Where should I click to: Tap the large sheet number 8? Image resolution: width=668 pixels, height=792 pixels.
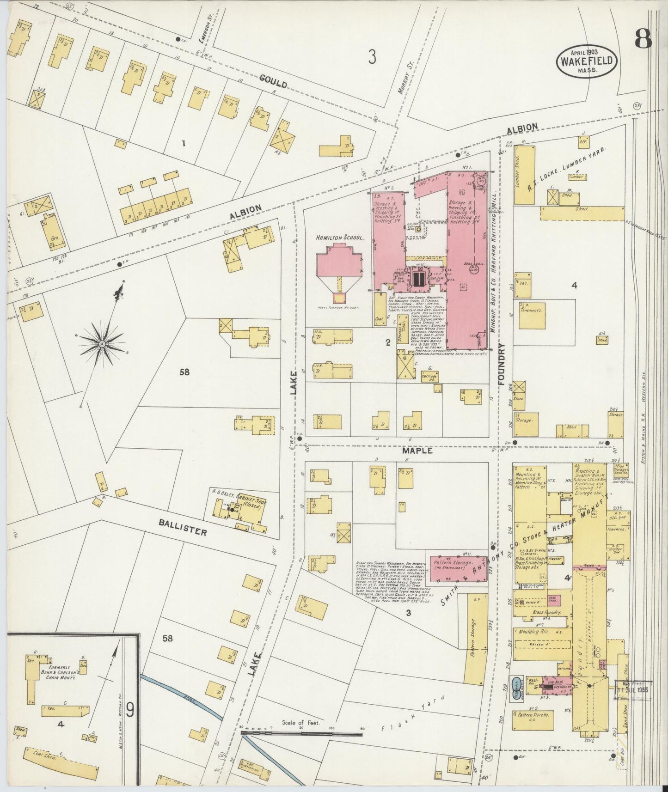643,39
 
